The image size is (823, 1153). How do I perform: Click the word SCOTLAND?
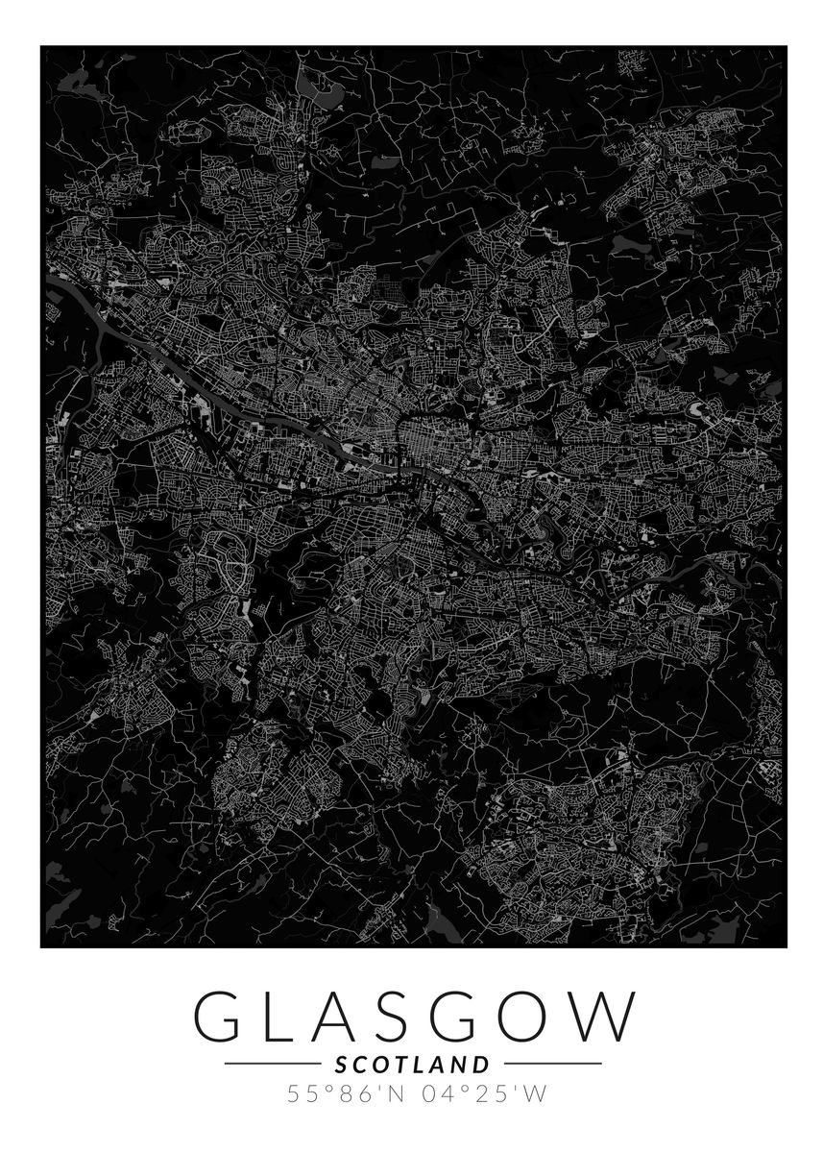412,1065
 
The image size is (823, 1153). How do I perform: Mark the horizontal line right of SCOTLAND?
552,1065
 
